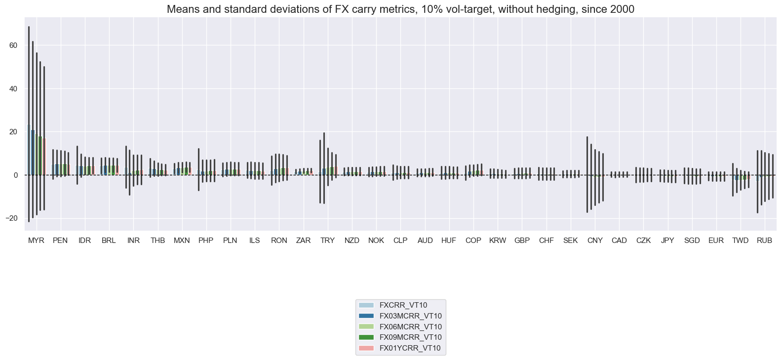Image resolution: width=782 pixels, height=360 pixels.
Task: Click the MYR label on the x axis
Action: pos(36,240)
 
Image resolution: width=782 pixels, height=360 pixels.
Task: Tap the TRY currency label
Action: pos(327,240)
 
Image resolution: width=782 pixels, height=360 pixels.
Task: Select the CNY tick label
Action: pos(595,240)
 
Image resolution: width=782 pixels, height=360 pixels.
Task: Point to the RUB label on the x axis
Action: pos(764,240)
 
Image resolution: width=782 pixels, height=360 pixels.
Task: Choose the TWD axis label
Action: pos(740,240)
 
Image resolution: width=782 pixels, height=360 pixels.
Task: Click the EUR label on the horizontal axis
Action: pos(716,240)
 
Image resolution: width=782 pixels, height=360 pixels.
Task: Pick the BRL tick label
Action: pos(109,240)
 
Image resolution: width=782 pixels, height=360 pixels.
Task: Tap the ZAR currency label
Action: pos(303,240)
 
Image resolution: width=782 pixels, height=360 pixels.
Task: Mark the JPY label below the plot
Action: pos(667,240)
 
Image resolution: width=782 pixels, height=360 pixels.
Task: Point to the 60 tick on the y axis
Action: pos(13,45)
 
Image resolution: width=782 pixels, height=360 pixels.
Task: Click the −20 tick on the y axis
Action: pos(11,218)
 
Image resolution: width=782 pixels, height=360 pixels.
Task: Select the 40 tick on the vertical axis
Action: pos(13,89)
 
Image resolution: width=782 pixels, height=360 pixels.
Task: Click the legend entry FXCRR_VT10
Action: pos(403,305)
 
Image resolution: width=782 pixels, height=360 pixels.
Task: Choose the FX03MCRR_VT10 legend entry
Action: pos(410,316)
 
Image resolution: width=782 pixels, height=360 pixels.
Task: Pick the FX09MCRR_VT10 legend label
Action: pos(410,337)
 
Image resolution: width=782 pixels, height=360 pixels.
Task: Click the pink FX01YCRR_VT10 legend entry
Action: pos(410,348)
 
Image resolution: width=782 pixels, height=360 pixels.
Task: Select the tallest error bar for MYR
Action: pos(29,123)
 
